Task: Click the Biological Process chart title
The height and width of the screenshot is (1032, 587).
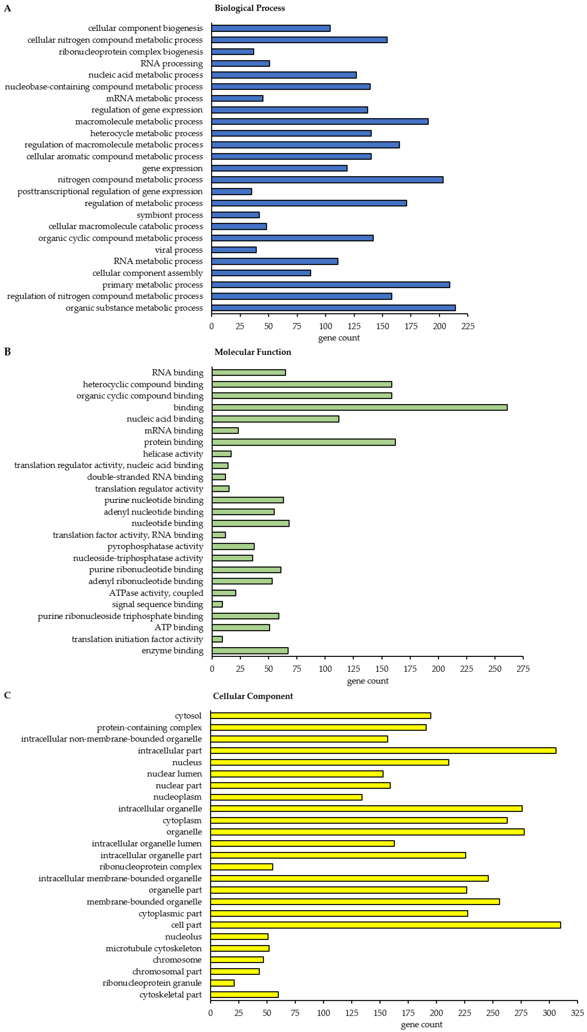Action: tap(250, 8)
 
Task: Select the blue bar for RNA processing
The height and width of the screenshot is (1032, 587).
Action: tap(240, 63)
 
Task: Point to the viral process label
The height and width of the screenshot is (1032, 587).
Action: tap(179, 250)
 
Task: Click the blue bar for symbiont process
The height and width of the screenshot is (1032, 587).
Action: tap(235, 215)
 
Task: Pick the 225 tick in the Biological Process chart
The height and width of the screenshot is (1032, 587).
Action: tap(468, 326)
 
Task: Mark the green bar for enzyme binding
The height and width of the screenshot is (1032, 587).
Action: tap(250, 651)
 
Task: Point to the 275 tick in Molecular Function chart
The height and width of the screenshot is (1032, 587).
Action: tap(523, 669)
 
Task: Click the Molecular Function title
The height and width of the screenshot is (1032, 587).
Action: tap(253, 352)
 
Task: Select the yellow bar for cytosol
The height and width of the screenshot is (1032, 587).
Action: tap(321, 716)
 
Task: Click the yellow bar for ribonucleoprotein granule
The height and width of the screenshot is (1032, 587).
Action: tap(222, 983)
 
